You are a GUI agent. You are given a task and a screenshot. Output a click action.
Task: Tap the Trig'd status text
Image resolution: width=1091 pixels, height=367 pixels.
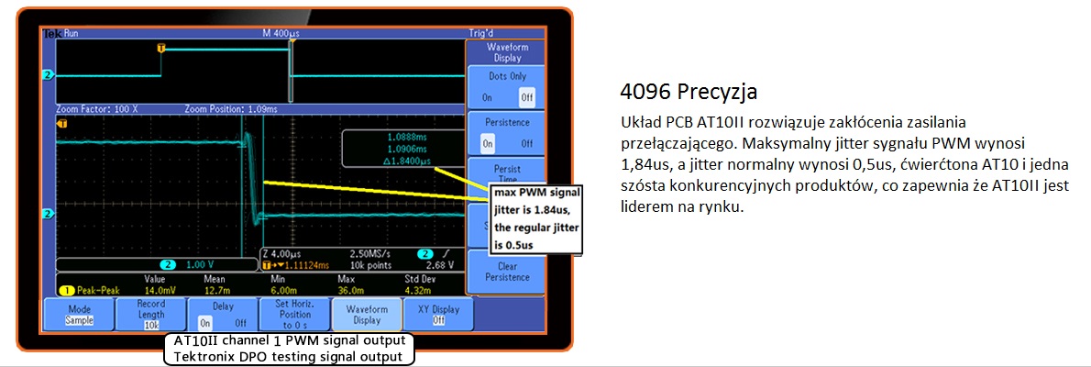(482, 33)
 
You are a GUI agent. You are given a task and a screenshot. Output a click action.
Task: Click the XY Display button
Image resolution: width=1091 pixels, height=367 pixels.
(431, 315)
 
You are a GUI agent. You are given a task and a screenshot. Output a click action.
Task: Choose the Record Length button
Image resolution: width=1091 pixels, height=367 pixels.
(151, 315)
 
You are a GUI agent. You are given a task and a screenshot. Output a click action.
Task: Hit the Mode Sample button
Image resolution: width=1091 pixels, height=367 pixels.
(79, 315)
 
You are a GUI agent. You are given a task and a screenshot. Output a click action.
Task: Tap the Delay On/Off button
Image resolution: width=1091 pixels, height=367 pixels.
(223, 315)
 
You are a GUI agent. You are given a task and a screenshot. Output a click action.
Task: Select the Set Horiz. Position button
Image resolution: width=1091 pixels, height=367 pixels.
(295, 315)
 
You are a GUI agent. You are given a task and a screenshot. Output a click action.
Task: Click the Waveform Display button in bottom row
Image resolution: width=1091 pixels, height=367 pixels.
(366, 315)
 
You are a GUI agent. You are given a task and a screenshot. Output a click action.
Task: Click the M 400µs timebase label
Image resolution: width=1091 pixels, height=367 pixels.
(281, 33)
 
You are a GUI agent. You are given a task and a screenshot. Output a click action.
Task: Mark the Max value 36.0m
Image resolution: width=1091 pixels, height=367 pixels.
(346, 288)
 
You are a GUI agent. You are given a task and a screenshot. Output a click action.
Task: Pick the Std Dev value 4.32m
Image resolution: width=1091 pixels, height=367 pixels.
(417, 288)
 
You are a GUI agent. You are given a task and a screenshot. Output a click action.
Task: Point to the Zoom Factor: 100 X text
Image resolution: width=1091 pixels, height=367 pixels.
(97, 107)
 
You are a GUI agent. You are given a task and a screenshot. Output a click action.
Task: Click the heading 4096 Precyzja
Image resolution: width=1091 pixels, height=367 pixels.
(689, 93)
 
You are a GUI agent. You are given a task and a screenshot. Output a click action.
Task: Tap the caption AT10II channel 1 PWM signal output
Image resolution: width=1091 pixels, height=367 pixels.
(289, 341)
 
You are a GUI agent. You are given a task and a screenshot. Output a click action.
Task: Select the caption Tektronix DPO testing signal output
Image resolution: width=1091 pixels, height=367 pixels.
(289, 356)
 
